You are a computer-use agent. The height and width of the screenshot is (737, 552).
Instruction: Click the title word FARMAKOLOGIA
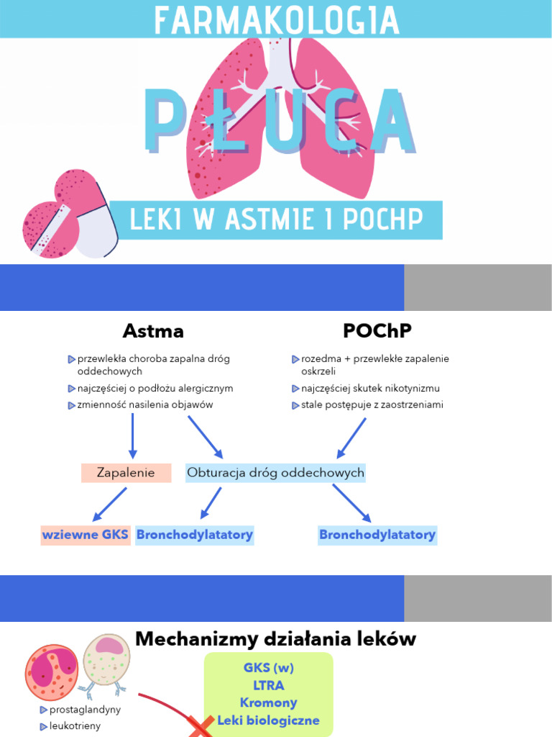tap(275, 20)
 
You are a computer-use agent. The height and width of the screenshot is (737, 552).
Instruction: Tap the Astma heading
tap(153, 331)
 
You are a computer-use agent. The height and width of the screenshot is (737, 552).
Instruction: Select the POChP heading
tap(377, 331)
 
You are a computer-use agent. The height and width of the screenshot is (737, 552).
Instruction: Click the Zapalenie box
tap(126, 473)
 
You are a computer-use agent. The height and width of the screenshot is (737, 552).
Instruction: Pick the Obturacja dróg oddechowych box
tap(275, 473)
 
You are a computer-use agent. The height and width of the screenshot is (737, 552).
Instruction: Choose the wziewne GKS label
tap(86, 535)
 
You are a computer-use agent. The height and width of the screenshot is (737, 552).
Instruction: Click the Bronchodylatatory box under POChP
tap(377, 535)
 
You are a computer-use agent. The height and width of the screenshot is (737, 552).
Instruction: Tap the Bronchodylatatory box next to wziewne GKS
tap(195, 535)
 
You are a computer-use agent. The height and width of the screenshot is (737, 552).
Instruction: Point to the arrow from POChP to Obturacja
tap(352, 437)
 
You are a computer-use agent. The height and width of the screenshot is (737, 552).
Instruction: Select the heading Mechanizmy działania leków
tap(275, 639)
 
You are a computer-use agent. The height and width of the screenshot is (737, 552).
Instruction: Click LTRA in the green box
tap(269, 685)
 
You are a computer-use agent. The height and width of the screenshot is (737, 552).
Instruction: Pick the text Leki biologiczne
tap(269, 720)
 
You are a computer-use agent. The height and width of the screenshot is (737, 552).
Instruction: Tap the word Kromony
tap(269, 702)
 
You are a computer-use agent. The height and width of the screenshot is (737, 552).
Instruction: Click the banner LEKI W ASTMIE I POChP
tap(275, 220)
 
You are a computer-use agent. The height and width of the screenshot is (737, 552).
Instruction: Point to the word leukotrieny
tap(75, 725)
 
